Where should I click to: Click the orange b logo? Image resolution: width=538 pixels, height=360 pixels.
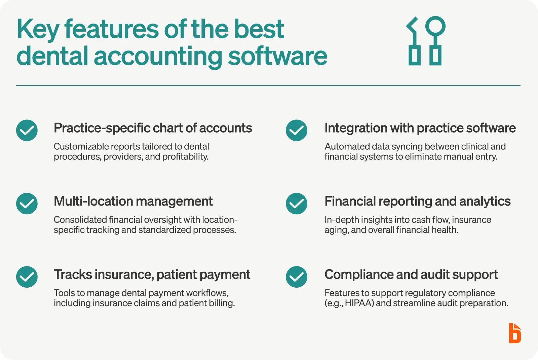click(x=515, y=333)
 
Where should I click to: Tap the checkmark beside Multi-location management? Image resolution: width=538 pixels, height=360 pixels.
click(x=27, y=204)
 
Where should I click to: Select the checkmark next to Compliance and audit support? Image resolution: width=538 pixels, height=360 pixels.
click(x=296, y=277)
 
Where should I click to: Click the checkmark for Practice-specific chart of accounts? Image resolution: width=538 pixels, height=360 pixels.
click(x=27, y=130)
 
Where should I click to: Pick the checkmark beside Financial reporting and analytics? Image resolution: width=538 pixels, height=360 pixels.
click(x=296, y=204)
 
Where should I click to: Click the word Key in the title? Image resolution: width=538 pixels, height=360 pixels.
click(x=38, y=30)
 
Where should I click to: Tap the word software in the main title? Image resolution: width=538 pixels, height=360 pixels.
click(x=277, y=56)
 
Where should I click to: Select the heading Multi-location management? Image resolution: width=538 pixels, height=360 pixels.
click(x=133, y=201)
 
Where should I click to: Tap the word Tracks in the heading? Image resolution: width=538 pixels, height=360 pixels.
click(x=73, y=275)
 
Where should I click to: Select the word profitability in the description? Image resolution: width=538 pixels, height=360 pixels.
click(x=185, y=157)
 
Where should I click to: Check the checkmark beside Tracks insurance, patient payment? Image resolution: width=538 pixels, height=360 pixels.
click(x=27, y=277)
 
